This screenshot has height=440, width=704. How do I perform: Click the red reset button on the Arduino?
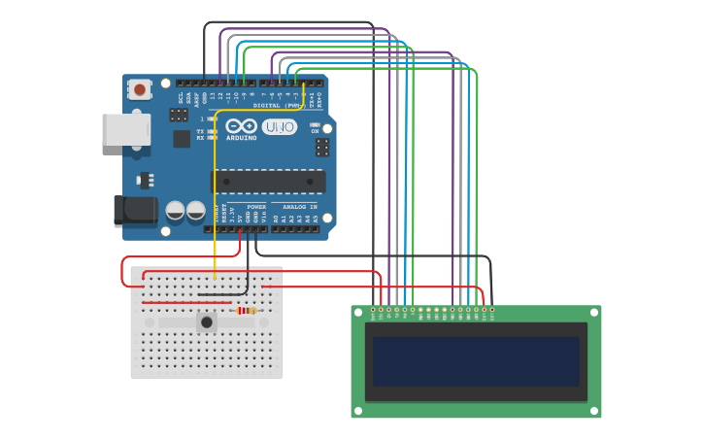(140, 90)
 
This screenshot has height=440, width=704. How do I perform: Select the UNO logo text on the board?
(280, 126)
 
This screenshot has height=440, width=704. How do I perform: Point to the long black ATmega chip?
(269, 181)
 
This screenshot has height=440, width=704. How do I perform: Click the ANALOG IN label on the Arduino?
(299, 207)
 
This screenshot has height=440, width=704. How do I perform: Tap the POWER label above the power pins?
(256, 207)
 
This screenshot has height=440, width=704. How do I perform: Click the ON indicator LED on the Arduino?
(315, 124)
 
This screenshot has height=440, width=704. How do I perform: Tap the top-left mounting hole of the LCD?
(358, 313)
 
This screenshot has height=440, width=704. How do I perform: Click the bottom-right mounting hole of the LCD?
(593, 411)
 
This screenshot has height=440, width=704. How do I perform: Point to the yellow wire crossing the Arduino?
(215, 194)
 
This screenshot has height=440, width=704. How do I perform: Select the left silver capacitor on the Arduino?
(176, 211)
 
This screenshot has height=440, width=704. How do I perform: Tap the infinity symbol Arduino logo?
(242, 126)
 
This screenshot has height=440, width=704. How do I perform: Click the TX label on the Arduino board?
(200, 131)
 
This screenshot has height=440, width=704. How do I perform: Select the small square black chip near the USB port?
(182, 139)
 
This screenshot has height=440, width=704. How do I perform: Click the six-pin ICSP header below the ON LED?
(321, 148)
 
